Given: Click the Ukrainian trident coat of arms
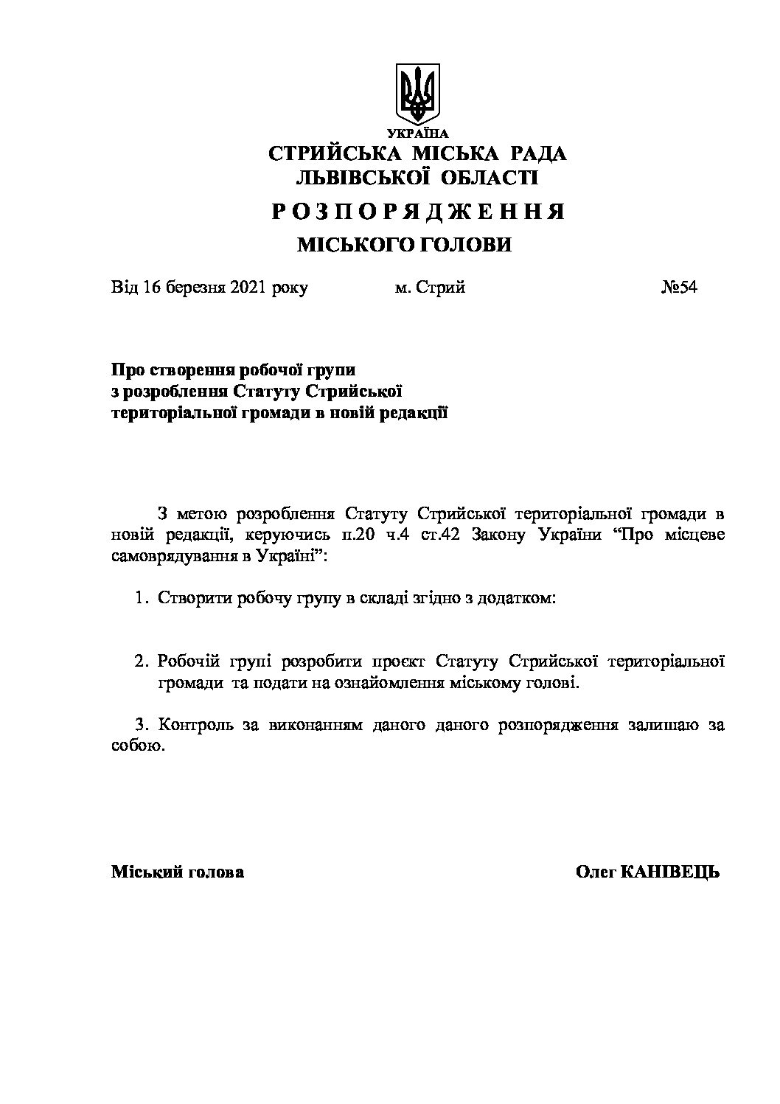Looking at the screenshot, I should (418, 94).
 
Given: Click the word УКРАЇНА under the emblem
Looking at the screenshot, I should (418, 133).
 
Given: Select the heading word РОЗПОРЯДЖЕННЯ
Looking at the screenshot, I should (418, 212).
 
